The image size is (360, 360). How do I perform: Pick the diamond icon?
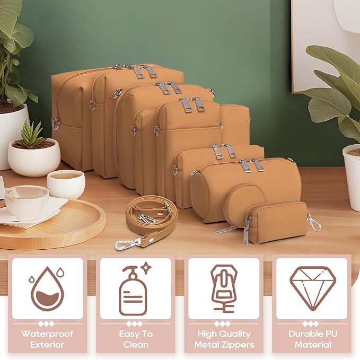(313, 288)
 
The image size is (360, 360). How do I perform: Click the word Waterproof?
(47, 333)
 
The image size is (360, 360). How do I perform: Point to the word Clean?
(136, 345)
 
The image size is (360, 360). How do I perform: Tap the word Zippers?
(239, 345)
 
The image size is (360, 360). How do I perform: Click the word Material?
(313, 345)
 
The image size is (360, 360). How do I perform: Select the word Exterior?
(47, 345)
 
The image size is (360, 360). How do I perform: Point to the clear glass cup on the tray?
(27, 203)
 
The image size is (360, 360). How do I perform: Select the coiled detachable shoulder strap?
(147, 222)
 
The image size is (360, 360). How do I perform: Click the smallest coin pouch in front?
(278, 222)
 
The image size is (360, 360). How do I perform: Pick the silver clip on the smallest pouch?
(314, 222)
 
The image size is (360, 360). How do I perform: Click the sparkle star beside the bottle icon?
(145, 267)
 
